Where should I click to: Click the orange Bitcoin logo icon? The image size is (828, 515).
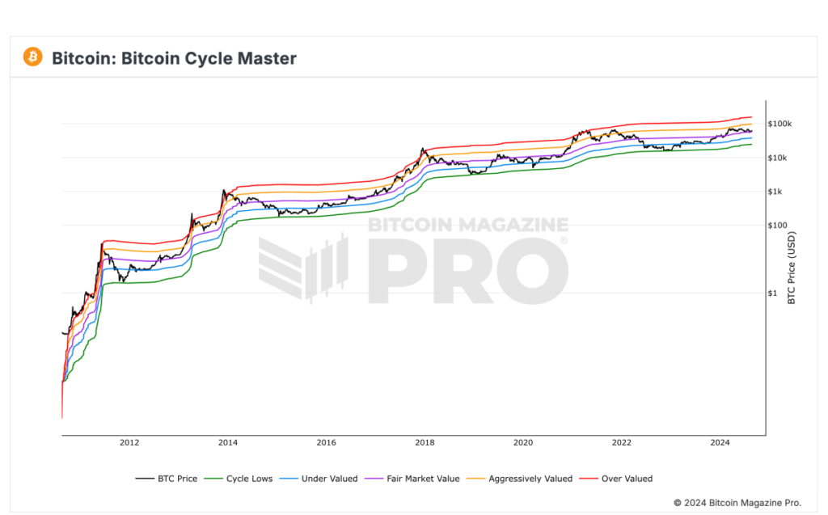33,57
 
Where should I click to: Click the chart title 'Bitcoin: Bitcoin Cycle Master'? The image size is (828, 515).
174,58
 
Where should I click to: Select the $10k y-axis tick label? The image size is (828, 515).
783,158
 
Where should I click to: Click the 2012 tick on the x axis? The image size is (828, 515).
129,443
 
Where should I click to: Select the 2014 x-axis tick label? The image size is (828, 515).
228,443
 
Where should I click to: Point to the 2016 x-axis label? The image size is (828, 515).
327,443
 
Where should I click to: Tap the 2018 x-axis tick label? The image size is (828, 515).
425,443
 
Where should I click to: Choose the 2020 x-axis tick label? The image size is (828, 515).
523,443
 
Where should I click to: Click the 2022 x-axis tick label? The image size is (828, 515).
622,443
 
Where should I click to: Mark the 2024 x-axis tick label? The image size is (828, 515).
720,443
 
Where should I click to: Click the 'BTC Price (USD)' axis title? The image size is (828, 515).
792,268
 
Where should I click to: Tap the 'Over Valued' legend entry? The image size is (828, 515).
627,479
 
